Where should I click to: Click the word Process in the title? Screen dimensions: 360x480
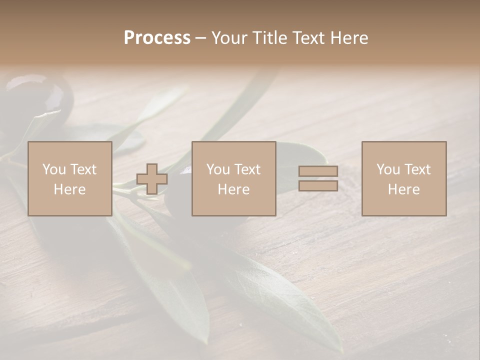pyautogui.click(x=157, y=38)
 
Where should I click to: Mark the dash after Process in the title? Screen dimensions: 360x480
pyautogui.click(x=201, y=38)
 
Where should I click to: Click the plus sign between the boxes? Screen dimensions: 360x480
pyautogui.click(x=152, y=179)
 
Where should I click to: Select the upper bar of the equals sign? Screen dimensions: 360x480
pyautogui.click(x=318, y=171)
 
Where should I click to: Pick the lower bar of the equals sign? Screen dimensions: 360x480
pyautogui.click(x=318, y=185)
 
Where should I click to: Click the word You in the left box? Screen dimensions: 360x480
pyautogui.click(x=54, y=169)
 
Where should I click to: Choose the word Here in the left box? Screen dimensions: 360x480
pyautogui.click(x=69, y=189)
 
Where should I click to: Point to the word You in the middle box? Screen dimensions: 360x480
pyautogui.click(x=218, y=169)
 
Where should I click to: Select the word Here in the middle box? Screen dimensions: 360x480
pyautogui.click(x=233, y=189)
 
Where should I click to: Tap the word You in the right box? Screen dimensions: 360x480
pyautogui.click(x=388, y=169)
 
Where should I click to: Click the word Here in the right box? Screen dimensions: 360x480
pyautogui.click(x=403, y=189)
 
